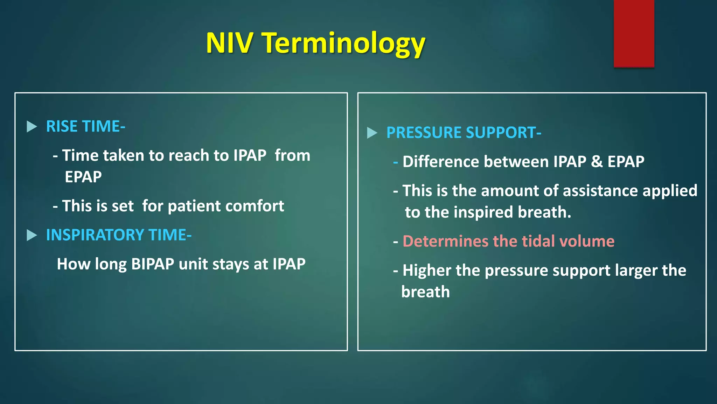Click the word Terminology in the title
coord(344,43)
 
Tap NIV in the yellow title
coord(229,43)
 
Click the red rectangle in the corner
coord(634,33)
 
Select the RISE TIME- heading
coord(85,126)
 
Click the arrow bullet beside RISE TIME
coord(32,127)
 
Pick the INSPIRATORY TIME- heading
coord(119,235)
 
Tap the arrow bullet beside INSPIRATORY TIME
coord(32,235)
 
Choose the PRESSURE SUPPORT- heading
coord(464,133)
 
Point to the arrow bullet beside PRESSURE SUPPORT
coord(372,133)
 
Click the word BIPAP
coord(153,264)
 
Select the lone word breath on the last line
coord(425,292)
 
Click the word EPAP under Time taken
coord(83,177)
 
